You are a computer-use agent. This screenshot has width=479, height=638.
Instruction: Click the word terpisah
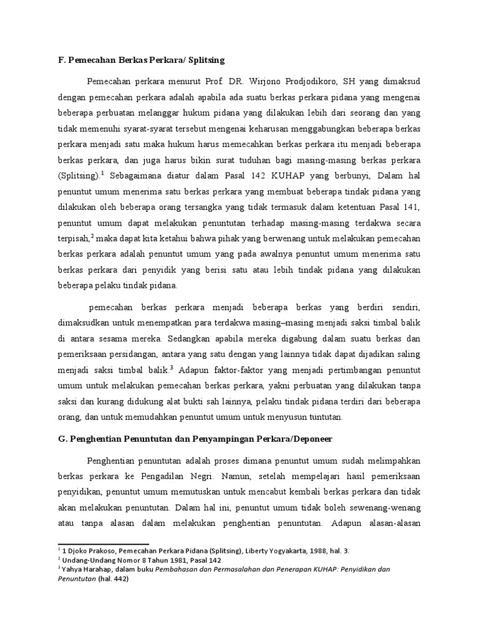74,238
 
